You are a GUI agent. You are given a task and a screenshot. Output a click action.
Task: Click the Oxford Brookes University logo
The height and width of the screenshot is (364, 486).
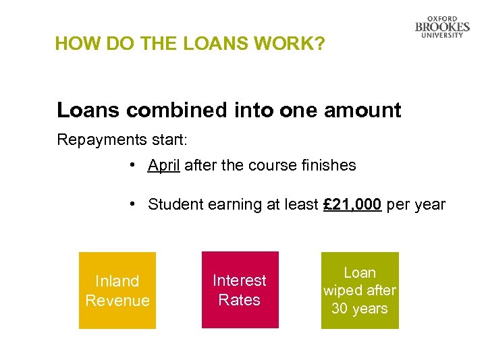pos(442,27)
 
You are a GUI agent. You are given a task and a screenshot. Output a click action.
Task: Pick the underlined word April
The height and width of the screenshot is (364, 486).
pos(164,165)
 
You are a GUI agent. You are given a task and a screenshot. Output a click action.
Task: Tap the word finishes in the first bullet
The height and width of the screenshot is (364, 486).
pos(327,165)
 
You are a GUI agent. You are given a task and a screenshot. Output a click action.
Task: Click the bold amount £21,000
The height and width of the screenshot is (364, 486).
pos(352,204)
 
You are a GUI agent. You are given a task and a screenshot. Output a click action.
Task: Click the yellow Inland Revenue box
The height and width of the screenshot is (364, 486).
pos(117,291)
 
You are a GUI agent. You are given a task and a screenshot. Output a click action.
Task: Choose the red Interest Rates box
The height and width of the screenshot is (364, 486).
pos(240,290)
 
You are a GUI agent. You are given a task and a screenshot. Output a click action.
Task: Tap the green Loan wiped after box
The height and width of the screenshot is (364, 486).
pos(360,291)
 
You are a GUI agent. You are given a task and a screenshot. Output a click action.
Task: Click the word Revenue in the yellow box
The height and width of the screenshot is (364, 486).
pos(117,301)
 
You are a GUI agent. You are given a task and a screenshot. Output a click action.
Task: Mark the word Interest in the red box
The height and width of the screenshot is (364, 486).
pos(240,280)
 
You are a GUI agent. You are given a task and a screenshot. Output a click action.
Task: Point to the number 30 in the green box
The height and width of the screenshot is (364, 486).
pos(340,309)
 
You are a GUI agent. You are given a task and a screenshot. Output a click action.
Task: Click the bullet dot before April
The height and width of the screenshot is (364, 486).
pos(136,165)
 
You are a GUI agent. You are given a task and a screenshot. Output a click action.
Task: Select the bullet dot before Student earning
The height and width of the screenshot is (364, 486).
pos(136,204)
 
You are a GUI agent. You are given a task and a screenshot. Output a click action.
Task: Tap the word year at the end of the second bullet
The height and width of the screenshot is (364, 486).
pos(431,205)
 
